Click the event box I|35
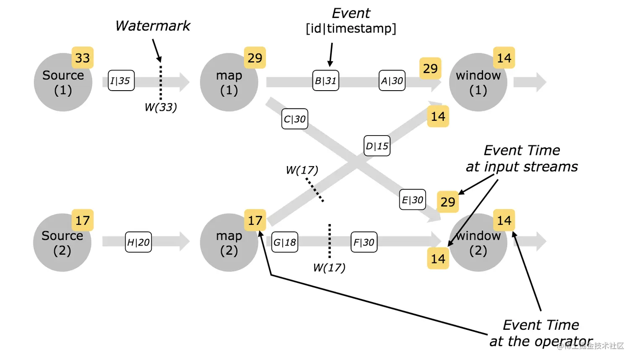click(x=121, y=81)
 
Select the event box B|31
click(x=325, y=81)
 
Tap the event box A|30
click(x=392, y=81)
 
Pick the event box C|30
click(x=295, y=119)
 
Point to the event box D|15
click(x=377, y=146)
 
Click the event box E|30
click(x=412, y=199)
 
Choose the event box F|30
click(x=364, y=242)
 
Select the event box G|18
click(x=285, y=242)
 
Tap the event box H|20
click(x=138, y=242)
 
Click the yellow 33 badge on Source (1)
click(x=83, y=57)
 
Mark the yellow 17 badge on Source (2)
click(x=83, y=220)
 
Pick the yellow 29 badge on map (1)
click(x=255, y=57)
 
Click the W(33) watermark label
click(x=161, y=107)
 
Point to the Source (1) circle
click(x=63, y=82)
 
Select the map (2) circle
click(x=229, y=243)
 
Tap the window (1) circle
click(x=478, y=82)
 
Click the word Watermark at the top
click(x=153, y=26)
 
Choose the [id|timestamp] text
click(x=351, y=29)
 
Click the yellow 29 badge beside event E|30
click(x=448, y=202)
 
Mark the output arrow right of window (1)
click(x=530, y=82)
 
